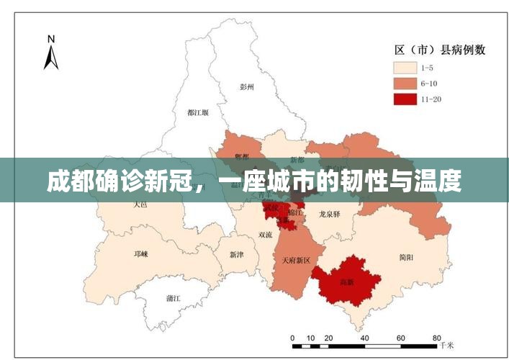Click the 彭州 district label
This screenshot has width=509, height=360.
point(247,86)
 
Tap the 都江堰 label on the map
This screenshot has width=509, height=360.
point(197,112)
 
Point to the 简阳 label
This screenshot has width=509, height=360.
point(405,257)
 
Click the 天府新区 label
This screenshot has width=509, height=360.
point(295,260)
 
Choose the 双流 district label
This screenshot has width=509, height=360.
point(265,235)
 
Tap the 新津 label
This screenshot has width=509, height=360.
point(237,254)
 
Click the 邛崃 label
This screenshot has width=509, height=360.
point(140,253)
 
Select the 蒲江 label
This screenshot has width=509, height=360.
point(173,297)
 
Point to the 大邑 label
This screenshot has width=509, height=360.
point(140,204)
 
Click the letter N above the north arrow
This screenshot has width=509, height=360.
point(50,39)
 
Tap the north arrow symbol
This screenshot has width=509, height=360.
point(50,58)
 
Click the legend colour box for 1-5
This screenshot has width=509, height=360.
point(405,68)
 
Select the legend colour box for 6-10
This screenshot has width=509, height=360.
point(405,84)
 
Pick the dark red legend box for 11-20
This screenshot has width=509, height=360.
point(405,99)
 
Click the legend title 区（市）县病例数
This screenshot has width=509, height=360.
point(439,50)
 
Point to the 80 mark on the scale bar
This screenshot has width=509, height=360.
point(436,338)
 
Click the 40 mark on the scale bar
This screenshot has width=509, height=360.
point(364,338)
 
